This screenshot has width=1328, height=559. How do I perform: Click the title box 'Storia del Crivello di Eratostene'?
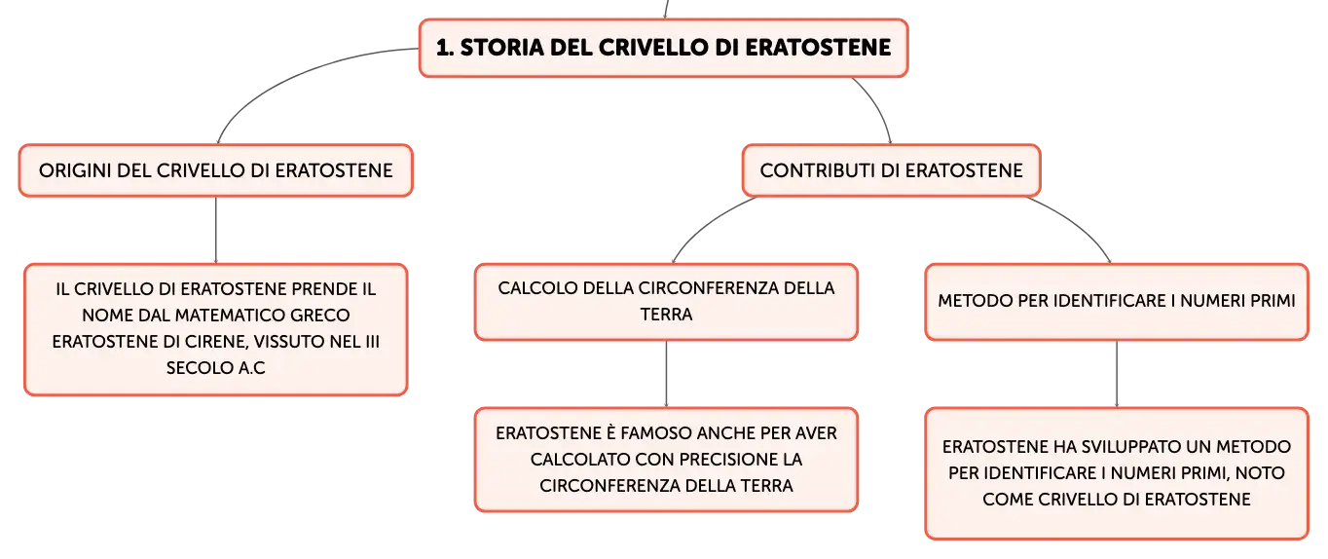(x=663, y=48)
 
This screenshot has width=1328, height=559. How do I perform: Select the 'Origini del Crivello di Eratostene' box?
(x=216, y=170)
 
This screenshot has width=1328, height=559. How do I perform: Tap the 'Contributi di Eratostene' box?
(x=891, y=170)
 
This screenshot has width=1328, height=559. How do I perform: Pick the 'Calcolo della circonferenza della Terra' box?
(x=666, y=302)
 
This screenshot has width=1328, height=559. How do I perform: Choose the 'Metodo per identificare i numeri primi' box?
(x=1117, y=302)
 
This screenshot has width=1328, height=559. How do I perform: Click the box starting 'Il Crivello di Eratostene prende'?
(x=216, y=329)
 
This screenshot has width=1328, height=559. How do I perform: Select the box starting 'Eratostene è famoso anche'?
(x=666, y=460)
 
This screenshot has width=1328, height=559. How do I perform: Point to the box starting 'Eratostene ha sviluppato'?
(x=1117, y=473)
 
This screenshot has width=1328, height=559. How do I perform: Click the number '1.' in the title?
(x=445, y=48)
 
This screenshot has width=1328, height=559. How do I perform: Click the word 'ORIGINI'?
(x=75, y=170)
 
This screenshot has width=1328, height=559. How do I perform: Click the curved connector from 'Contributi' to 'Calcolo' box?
(x=709, y=224)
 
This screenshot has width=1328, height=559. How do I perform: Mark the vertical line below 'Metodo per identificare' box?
(x=1117, y=373)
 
